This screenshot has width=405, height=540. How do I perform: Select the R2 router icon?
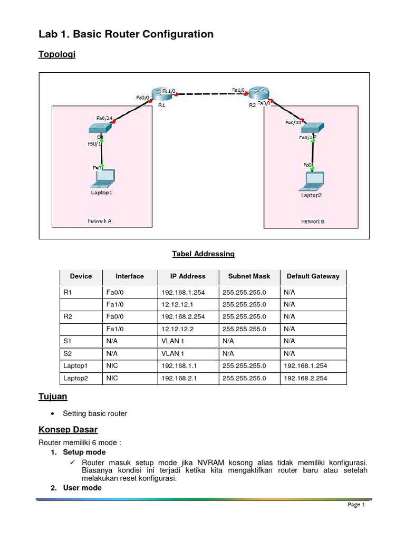(x=259, y=93)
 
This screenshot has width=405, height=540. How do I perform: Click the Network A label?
(x=99, y=221)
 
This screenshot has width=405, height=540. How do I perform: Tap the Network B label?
(x=313, y=221)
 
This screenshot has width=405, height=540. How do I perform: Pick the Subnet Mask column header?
(x=249, y=276)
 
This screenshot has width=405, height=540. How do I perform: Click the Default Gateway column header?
(x=313, y=276)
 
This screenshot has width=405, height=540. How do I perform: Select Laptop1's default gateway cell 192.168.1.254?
(x=307, y=366)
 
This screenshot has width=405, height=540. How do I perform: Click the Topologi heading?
(x=57, y=54)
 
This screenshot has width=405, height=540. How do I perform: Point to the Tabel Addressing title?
(x=203, y=254)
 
